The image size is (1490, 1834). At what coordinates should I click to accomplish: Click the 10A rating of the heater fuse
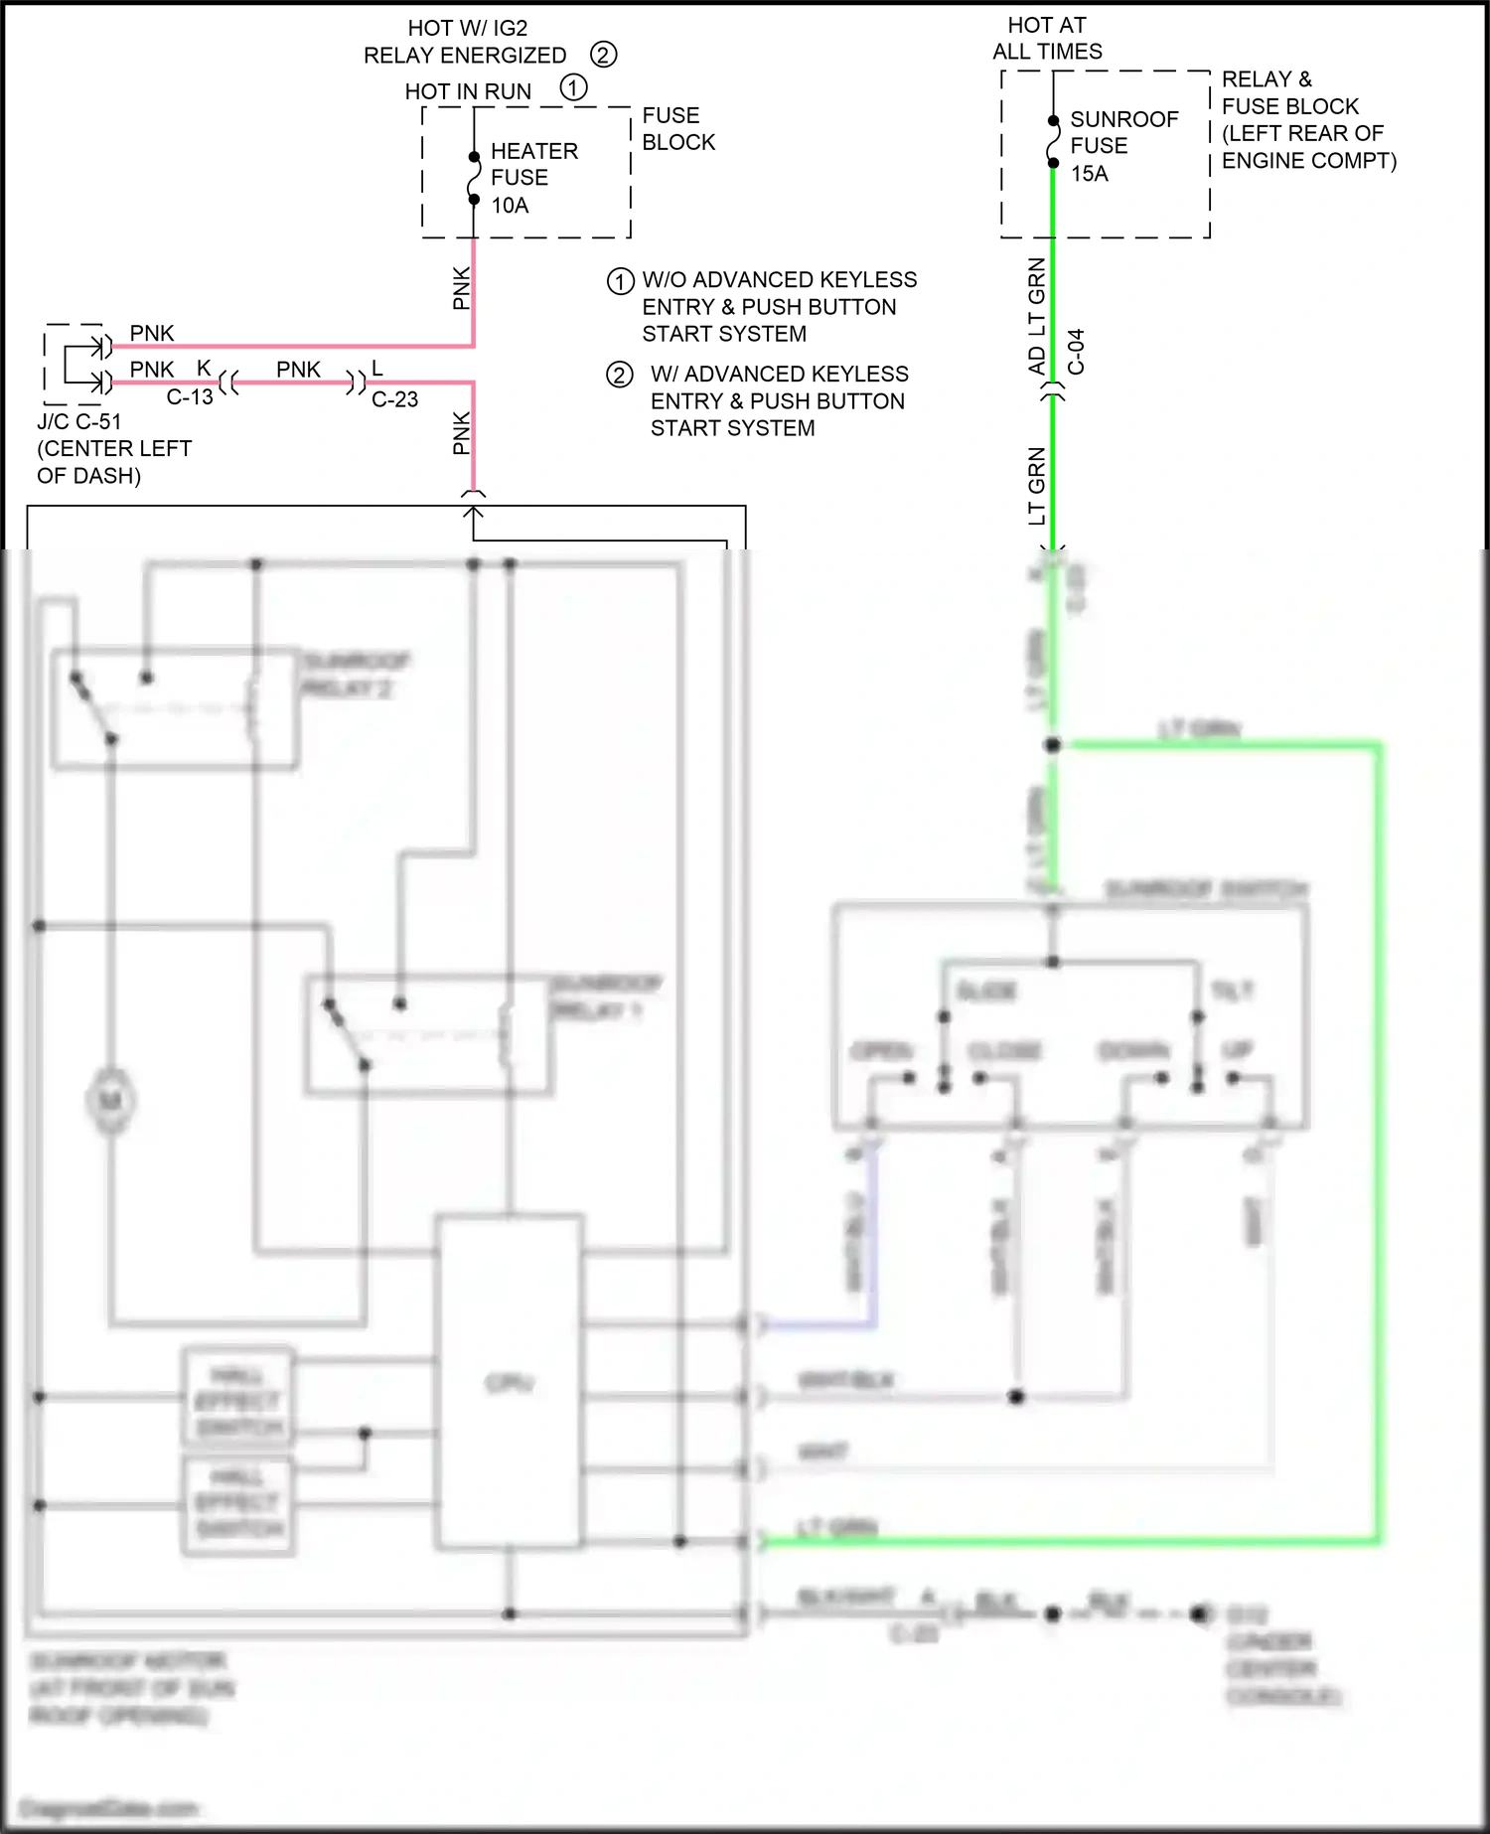[x=510, y=206]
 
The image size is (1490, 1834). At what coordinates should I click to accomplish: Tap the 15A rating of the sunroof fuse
[x=1089, y=174]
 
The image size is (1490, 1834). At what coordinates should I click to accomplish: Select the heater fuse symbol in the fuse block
[x=474, y=178]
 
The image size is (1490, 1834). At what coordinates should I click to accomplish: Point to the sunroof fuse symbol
[x=1053, y=142]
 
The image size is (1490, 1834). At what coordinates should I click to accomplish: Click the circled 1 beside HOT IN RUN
[x=573, y=87]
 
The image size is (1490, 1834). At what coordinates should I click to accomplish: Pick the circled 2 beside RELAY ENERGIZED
[x=603, y=54]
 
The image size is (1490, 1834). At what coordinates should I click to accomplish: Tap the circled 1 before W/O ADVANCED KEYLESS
[x=620, y=281]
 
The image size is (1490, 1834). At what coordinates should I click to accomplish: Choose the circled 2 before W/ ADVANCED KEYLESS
[x=620, y=375]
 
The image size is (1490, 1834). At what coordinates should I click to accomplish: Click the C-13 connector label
[x=190, y=397]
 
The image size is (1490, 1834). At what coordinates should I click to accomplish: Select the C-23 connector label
[x=394, y=399]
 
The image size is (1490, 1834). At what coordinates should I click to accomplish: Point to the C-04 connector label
[x=1077, y=352]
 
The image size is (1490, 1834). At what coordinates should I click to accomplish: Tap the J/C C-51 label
[x=79, y=421]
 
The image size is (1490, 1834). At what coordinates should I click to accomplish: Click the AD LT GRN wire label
[x=1036, y=316]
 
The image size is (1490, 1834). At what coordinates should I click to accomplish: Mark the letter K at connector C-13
[x=204, y=369]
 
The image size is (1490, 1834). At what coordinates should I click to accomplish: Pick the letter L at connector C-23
[x=376, y=369]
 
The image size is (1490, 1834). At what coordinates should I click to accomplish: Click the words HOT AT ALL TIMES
[x=1047, y=38]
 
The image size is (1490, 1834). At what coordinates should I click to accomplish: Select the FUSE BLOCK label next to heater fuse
[x=677, y=129]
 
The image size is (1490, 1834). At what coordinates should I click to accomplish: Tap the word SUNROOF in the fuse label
[x=1123, y=119]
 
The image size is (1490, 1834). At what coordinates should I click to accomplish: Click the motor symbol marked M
[x=110, y=1101]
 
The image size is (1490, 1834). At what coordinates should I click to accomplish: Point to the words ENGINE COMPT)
[x=1308, y=161]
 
